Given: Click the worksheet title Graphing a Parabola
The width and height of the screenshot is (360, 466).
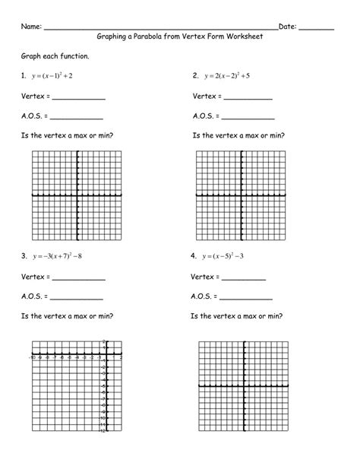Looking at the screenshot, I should pos(179,36).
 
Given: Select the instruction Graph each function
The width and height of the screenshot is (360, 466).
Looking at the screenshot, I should pos(55,57).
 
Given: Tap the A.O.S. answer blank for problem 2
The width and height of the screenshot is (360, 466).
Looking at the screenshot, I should pos(248,117).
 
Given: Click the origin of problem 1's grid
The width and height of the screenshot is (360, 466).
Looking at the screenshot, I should pos(77,195).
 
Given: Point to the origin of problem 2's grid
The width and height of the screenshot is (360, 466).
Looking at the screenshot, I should pos(242,195).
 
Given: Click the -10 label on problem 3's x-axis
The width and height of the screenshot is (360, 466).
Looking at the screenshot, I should pos(31,356).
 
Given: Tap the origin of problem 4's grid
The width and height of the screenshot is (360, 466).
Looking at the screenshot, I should pos(243,386).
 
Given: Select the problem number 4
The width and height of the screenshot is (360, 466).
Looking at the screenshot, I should pos(195,255).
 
